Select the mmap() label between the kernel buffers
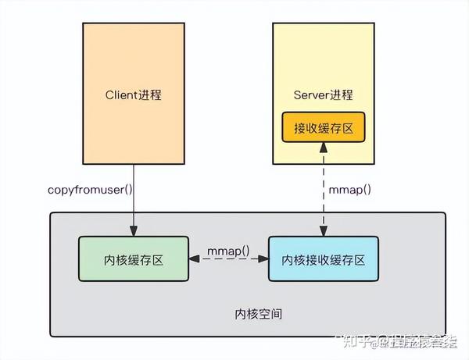pyautogui.click(x=227, y=251)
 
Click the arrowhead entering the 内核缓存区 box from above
pyautogui.click(x=134, y=232)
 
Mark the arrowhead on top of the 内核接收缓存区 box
pyautogui.click(x=323, y=232)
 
